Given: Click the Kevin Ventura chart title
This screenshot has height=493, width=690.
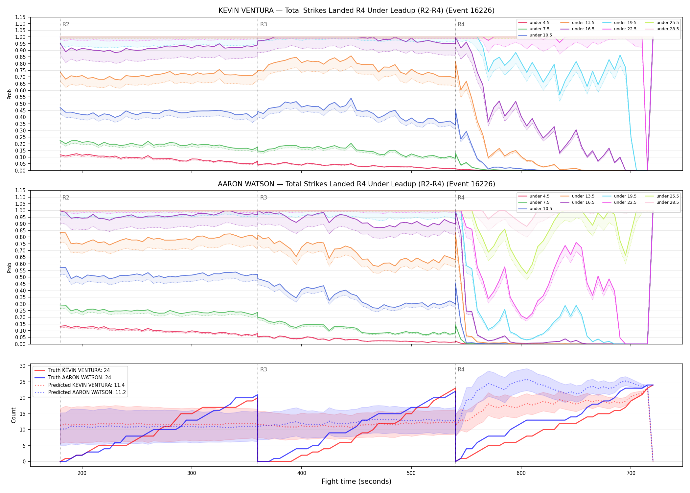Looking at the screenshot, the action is point(356,11).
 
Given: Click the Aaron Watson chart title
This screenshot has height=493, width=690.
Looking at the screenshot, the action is point(356,184).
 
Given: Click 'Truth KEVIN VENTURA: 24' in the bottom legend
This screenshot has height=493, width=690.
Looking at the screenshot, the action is point(79,370).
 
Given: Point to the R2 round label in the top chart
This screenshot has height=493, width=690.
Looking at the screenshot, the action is point(66,24).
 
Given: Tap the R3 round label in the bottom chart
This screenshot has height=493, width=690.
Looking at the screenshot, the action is point(264,369).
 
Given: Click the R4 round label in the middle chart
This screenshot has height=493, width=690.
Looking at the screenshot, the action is point(461,198).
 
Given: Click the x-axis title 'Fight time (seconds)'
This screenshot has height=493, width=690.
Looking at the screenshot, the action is point(356,481).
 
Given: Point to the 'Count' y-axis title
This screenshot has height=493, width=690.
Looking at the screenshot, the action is point(13,415).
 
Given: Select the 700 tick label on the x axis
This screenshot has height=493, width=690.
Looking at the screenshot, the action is point(631,473).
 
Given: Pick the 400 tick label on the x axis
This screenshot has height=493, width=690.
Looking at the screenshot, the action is point(302,473).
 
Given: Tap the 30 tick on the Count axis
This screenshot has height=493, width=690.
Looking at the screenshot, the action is point(23,366).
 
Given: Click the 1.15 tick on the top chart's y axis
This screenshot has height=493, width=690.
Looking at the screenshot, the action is point(20,17).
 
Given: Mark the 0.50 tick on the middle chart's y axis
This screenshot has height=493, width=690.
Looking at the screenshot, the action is point(20,277).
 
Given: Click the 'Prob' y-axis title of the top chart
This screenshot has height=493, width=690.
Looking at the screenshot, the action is point(10,94).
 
